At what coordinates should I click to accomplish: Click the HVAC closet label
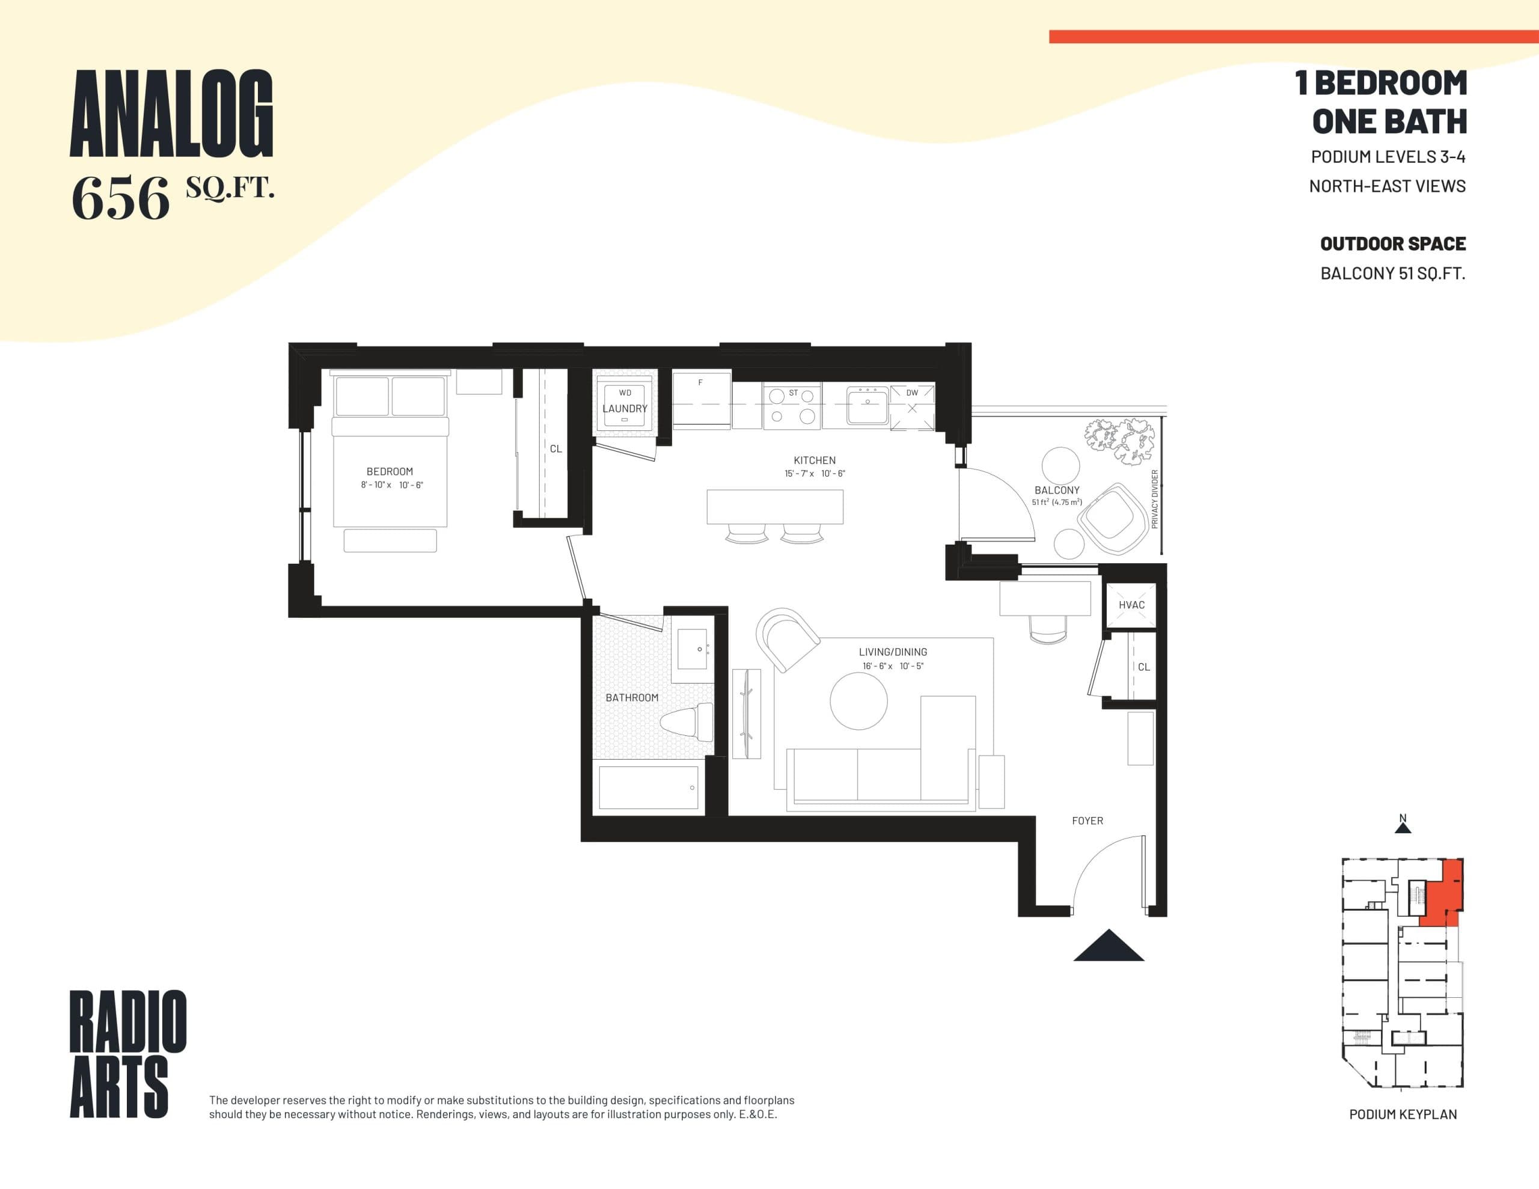pyautogui.click(x=1131, y=605)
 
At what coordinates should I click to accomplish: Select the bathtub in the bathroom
pyautogui.click(x=648, y=787)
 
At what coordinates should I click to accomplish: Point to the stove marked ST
pyautogui.click(x=793, y=406)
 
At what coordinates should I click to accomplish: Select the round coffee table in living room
pyautogui.click(x=858, y=701)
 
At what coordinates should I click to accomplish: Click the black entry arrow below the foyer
pyautogui.click(x=1109, y=947)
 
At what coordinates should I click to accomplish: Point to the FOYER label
pyautogui.click(x=1088, y=821)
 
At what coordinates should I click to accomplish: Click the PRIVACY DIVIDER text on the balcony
pyautogui.click(x=1154, y=499)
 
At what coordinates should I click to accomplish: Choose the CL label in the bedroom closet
pyautogui.click(x=555, y=449)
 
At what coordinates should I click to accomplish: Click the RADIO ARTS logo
pyautogui.click(x=127, y=1053)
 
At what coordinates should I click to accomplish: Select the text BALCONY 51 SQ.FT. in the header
pyautogui.click(x=1392, y=274)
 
